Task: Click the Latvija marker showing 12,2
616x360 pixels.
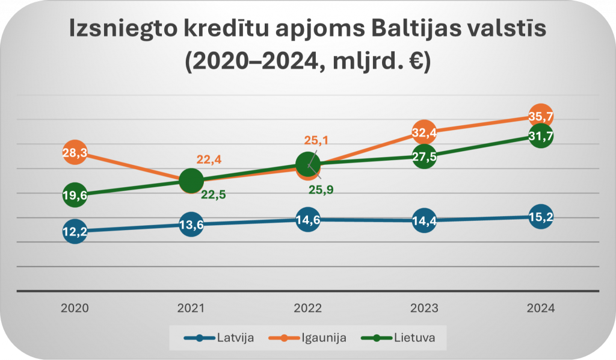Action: (x=75, y=231)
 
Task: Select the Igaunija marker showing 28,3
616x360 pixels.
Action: (x=75, y=153)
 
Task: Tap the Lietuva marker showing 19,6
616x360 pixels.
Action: (x=75, y=194)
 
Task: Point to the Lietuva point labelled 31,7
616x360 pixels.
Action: (x=540, y=136)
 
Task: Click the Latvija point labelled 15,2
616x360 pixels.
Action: (x=540, y=217)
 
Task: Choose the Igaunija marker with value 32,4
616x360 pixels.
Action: (x=424, y=132)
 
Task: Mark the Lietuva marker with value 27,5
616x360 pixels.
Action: (x=424, y=157)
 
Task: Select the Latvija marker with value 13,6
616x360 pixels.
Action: (x=191, y=225)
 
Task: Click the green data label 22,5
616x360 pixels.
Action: (x=213, y=194)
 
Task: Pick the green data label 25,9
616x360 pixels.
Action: (x=321, y=190)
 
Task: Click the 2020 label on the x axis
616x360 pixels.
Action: (x=75, y=308)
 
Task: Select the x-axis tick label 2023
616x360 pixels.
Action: (x=424, y=308)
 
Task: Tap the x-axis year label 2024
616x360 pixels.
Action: (x=540, y=308)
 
